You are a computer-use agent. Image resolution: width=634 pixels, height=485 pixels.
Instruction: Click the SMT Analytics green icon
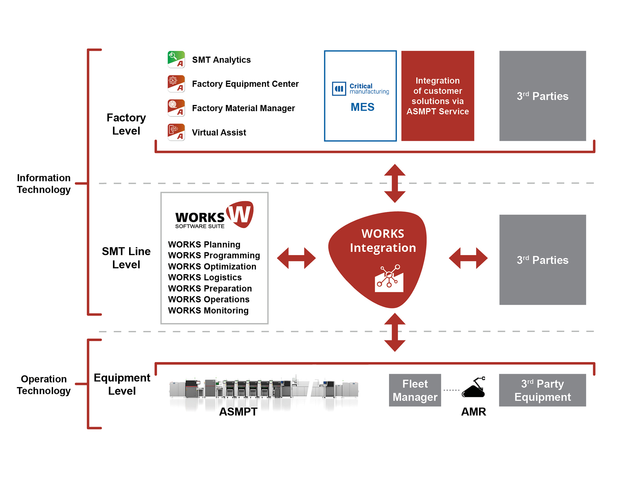[176, 59]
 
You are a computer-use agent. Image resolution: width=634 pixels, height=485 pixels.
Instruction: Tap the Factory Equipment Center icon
[176, 84]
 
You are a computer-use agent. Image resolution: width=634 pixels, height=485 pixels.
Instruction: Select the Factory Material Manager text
[243, 108]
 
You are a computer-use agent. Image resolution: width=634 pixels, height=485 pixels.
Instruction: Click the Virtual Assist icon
[176, 132]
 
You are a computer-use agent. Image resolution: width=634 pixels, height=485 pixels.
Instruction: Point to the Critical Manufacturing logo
[360, 88]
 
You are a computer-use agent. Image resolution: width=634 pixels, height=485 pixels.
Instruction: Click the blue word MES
[362, 107]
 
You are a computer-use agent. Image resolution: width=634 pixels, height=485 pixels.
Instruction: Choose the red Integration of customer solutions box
[438, 96]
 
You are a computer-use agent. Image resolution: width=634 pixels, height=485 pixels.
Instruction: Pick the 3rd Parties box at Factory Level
[543, 96]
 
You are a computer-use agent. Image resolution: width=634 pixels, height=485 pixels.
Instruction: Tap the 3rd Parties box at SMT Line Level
[543, 260]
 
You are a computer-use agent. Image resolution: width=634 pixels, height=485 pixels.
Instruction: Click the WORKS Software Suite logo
[214, 215]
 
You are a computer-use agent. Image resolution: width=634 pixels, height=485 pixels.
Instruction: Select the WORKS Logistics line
[205, 277]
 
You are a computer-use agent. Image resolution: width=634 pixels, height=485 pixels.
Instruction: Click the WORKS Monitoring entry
[208, 310]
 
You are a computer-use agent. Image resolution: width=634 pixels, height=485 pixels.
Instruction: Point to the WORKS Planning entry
[204, 244]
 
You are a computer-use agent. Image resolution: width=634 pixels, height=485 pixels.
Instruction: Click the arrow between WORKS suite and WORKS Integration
[296, 258]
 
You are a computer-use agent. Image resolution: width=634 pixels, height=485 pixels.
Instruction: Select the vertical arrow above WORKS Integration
[395, 183]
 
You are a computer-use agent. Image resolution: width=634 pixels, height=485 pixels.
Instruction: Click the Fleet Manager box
[415, 390]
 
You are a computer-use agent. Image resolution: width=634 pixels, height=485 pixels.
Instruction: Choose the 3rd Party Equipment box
[542, 390]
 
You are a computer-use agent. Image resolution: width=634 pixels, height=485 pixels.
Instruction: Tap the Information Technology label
[44, 183]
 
